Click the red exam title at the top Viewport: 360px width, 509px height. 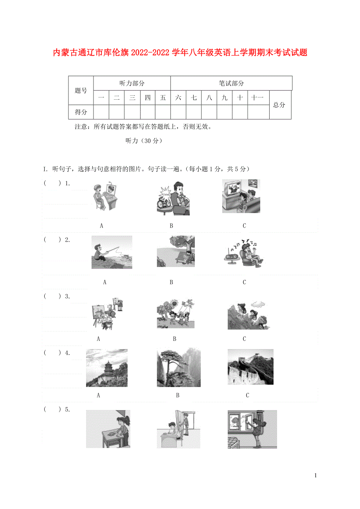coord(180,53)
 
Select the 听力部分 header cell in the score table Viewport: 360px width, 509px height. coord(132,83)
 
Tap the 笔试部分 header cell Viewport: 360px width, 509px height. coord(231,83)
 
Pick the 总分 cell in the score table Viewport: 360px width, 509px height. coord(279,105)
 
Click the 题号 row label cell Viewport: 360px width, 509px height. coord(81,91)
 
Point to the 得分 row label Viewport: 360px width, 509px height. coord(81,112)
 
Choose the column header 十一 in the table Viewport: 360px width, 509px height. coord(258,98)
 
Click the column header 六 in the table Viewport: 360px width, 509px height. coord(178,98)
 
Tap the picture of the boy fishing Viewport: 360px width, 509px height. coord(112,252)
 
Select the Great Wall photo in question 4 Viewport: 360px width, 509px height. coord(250,367)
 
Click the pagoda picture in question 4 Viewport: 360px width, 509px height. coord(106,368)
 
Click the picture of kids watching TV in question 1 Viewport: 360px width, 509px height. coord(241,196)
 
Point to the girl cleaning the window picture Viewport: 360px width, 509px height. coord(252,429)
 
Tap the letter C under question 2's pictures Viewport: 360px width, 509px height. coord(244,282)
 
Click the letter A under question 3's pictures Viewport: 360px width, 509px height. coord(98,339)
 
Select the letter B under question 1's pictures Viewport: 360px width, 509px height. coord(171,226)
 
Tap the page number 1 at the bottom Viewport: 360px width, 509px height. coord(315,475)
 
